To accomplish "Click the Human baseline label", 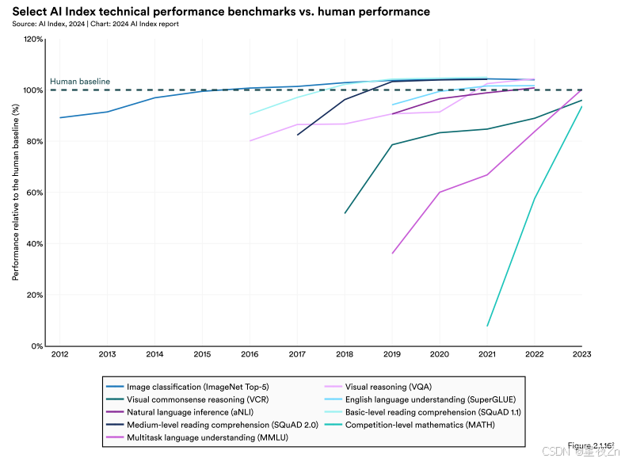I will coord(79,81).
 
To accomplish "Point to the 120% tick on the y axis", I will coord(33,39).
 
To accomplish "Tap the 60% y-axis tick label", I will coord(35,193).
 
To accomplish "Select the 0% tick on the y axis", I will coord(37,346).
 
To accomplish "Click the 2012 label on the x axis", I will coord(59,355).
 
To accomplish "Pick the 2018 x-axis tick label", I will coord(345,355).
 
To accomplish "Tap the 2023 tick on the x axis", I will coord(582,355).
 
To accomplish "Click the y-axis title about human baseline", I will coord(16,193).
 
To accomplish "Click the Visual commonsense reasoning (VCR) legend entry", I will coord(198,399).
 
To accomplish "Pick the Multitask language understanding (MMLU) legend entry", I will coord(205,437).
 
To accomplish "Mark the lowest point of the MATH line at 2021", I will coord(487,326).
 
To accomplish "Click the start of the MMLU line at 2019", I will coord(392,254).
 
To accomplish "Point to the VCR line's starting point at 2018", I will coord(345,213).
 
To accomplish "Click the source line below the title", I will coord(95,24).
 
